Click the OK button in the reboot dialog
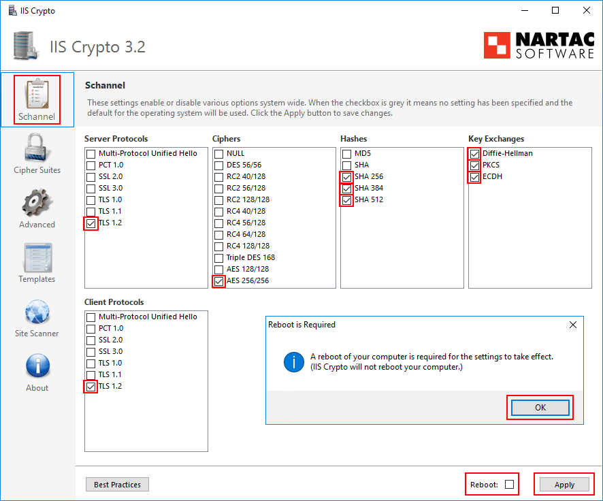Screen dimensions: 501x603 540,407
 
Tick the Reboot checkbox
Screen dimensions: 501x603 509,485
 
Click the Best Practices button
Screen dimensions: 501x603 117,485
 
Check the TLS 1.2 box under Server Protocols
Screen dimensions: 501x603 91,223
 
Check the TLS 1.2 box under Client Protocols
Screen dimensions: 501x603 91,386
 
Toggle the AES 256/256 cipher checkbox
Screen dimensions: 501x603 218,280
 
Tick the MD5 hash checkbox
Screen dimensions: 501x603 346,154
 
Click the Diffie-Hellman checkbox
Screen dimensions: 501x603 474,154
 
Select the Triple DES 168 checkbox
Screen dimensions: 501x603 218,258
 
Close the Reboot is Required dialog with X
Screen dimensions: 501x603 572,325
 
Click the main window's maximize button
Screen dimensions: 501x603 555,10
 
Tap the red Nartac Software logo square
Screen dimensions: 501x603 497,45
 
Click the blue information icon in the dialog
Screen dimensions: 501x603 293,361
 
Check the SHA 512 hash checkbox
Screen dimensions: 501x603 346,200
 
